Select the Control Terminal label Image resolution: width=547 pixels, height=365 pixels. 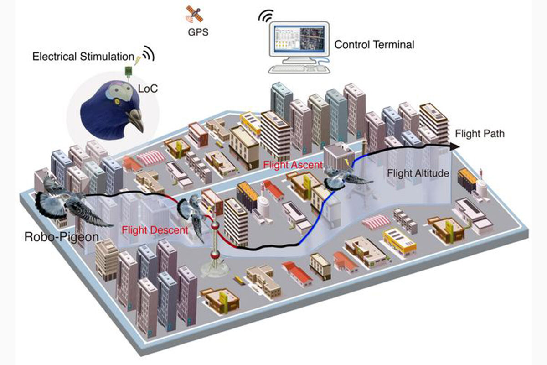tap(374, 45)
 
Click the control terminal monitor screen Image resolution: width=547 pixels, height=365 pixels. tap(299, 40)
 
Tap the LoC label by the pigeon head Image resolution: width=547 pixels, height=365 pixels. tap(148, 88)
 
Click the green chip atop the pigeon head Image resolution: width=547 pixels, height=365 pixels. tap(129, 70)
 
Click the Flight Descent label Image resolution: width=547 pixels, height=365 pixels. tap(144, 229)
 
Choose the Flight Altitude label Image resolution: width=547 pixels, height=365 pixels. tap(418, 173)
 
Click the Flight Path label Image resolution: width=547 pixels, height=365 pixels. tap(480, 134)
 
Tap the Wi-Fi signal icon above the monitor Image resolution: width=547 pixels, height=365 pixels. tap(264, 16)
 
